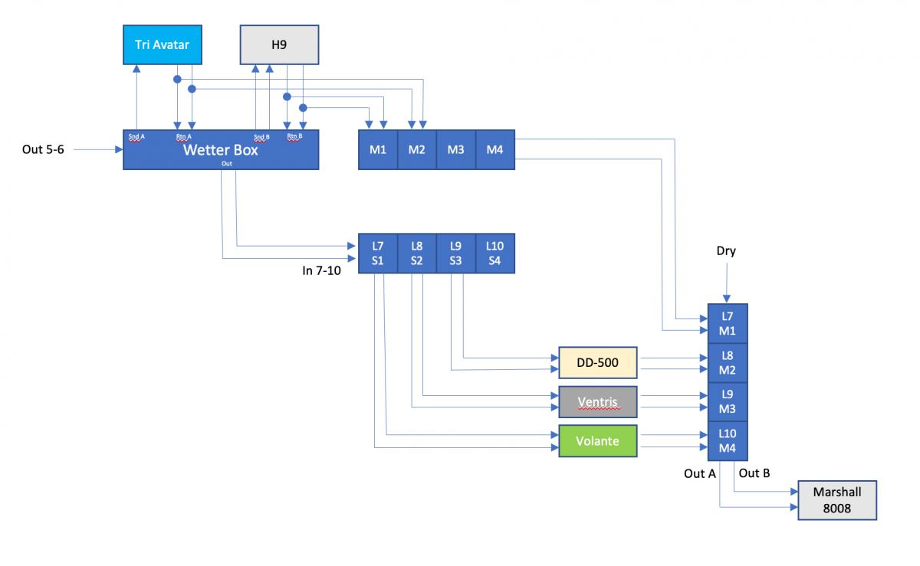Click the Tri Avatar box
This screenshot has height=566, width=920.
tap(163, 44)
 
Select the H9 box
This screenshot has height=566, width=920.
tap(279, 44)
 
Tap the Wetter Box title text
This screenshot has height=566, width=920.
tap(220, 150)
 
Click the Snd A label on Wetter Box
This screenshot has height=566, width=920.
tap(136, 137)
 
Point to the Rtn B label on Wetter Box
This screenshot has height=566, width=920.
tap(295, 137)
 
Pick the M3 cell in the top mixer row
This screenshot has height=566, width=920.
tap(456, 149)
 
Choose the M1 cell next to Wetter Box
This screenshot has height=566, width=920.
tap(378, 149)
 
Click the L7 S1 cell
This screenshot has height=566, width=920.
tap(378, 253)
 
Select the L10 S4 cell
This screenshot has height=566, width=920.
tap(495, 253)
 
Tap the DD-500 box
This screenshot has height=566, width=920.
tap(598, 362)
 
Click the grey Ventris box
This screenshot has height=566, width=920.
tap(598, 401)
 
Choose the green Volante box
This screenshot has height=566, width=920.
tap(598, 440)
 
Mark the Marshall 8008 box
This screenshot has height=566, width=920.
tap(837, 500)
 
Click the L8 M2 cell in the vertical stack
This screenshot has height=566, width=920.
tap(728, 362)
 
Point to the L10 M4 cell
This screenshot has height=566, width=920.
tap(728, 440)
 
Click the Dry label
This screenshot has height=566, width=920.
tap(726, 250)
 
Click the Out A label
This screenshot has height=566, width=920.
tap(699, 473)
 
